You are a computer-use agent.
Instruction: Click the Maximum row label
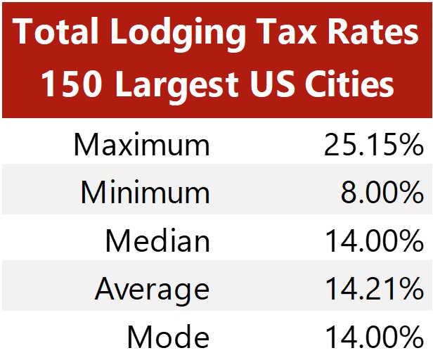[x=141, y=146]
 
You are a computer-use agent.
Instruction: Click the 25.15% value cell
[x=373, y=146]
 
